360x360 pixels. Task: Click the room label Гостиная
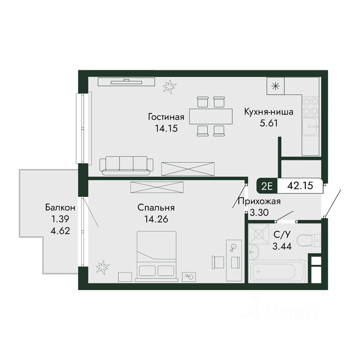[166, 117]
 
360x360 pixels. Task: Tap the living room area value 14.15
[166, 128]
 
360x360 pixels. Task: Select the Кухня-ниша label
[268, 112]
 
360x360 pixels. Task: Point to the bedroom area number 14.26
[156, 219]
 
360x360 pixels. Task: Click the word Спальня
[156, 207]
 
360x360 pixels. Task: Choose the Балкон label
[60, 207]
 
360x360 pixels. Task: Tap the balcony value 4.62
[60, 231]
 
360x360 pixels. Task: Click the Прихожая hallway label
[259, 201]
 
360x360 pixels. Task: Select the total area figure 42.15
[300, 186]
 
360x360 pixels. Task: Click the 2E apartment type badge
[267, 186]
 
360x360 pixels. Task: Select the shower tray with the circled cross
[259, 234]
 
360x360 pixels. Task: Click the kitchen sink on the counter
[310, 126]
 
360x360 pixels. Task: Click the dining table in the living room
[211, 116]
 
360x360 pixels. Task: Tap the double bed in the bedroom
[157, 256]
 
